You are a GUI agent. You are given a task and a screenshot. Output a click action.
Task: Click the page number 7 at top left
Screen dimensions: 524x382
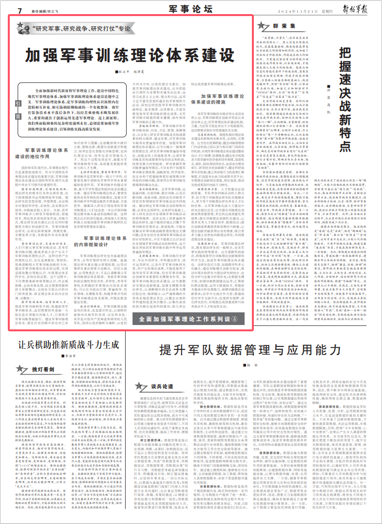point(20,10)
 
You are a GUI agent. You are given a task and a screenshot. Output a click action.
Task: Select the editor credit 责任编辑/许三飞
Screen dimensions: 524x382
point(57,10)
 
